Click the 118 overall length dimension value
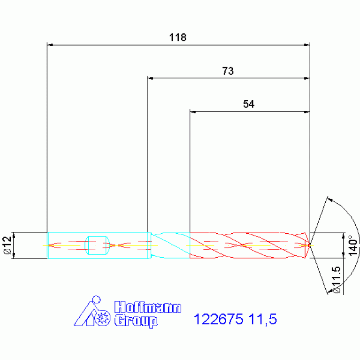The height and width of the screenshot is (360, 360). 178,38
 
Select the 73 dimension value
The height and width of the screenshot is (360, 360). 228,71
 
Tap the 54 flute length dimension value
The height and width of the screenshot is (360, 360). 249,104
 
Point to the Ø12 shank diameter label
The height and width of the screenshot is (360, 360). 8,245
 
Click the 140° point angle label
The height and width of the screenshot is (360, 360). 353,245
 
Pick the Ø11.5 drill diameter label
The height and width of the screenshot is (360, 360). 337,280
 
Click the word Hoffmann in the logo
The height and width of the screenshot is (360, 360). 148,307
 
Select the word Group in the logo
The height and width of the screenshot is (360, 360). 136,321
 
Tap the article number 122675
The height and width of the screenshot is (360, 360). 218,319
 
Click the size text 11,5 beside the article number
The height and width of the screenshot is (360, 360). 263,320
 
